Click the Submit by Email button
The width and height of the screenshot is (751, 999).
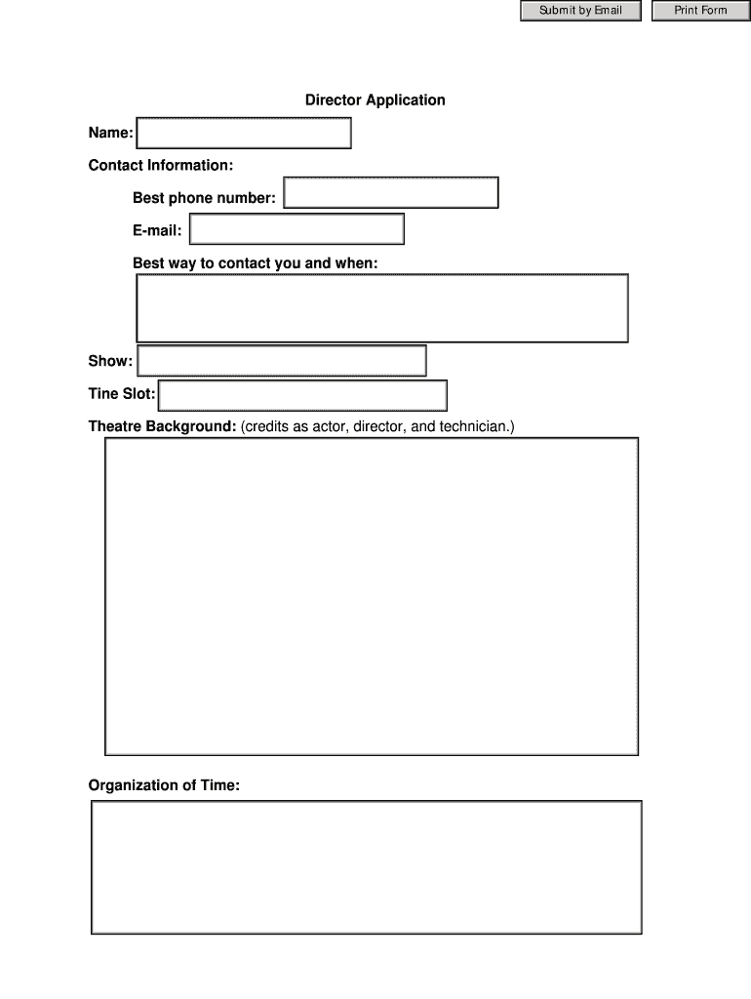pyautogui.click(x=580, y=11)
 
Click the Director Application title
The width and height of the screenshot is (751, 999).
pyautogui.click(x=375, y=100)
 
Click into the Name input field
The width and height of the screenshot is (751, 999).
pyautogui.click(x=244, y=133)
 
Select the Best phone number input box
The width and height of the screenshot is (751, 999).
pyautogui.click(x=391, y=193)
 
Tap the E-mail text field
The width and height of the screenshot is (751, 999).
pyautogui.click(x=296, y=229)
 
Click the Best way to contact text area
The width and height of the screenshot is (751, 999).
pyautogui.click(x=381, y=308)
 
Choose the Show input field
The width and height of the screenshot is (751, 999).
pyautogui.click(x=282, y=361)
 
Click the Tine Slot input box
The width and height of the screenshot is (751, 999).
pyautogui.click(x=302, y=396)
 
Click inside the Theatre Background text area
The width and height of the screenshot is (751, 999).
pyautogui.click(x=372, y=596)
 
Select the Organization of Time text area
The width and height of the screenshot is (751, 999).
pyautogui.click(x=367, y=867)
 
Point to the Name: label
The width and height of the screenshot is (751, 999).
pyautogui.click(x=110, y=133)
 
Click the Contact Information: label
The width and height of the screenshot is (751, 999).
pyautogui.click(x=161, y=165)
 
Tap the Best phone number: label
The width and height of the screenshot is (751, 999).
pyautogui.click(x=204, y=198)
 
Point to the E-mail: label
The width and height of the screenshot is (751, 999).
pyautogui.click(x=157, y=231)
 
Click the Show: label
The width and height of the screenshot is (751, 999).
pyautogui.click(x=110, y=361)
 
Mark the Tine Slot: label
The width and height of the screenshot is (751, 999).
pyautogui.click(x=122, y=394)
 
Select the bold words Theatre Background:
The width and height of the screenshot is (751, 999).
pyautogui.click(x=162, y=426)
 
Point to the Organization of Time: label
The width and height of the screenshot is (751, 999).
pyautogui.click(x=164, y=785)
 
